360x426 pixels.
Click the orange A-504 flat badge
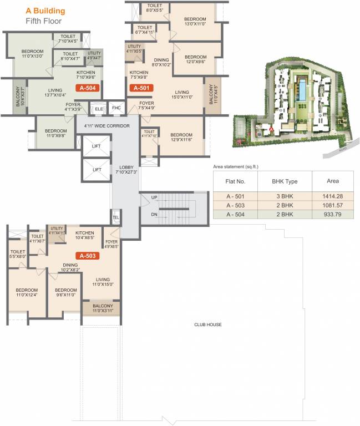coord(89,88)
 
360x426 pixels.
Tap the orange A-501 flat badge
coord(140,87)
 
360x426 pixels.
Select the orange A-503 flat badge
coord(88,256)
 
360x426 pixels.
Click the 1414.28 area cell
coord(333,196)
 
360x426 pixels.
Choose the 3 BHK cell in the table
coord(282,196)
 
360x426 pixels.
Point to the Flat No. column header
coord(240,181)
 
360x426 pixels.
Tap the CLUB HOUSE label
coord(207,324)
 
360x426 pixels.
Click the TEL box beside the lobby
coord(116,217)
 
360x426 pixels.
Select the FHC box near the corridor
coord(116,108)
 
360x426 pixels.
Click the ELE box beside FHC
coord(99,108)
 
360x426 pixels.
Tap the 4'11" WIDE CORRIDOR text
coord(108,126)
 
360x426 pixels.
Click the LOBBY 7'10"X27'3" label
coord(126,169)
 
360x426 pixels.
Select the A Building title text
coord(45,11)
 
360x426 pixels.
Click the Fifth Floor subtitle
coord(44,21)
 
